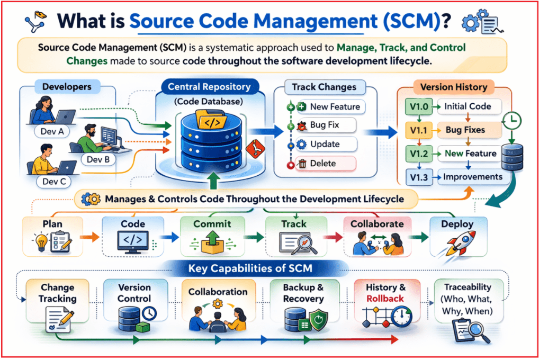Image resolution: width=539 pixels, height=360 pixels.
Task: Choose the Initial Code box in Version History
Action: (466, 106)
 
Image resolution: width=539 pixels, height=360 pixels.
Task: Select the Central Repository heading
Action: (205, 86)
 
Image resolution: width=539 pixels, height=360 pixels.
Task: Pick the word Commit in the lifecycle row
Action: (212, 224)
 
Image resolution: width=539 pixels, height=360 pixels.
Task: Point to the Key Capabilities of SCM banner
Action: (257, 268)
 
